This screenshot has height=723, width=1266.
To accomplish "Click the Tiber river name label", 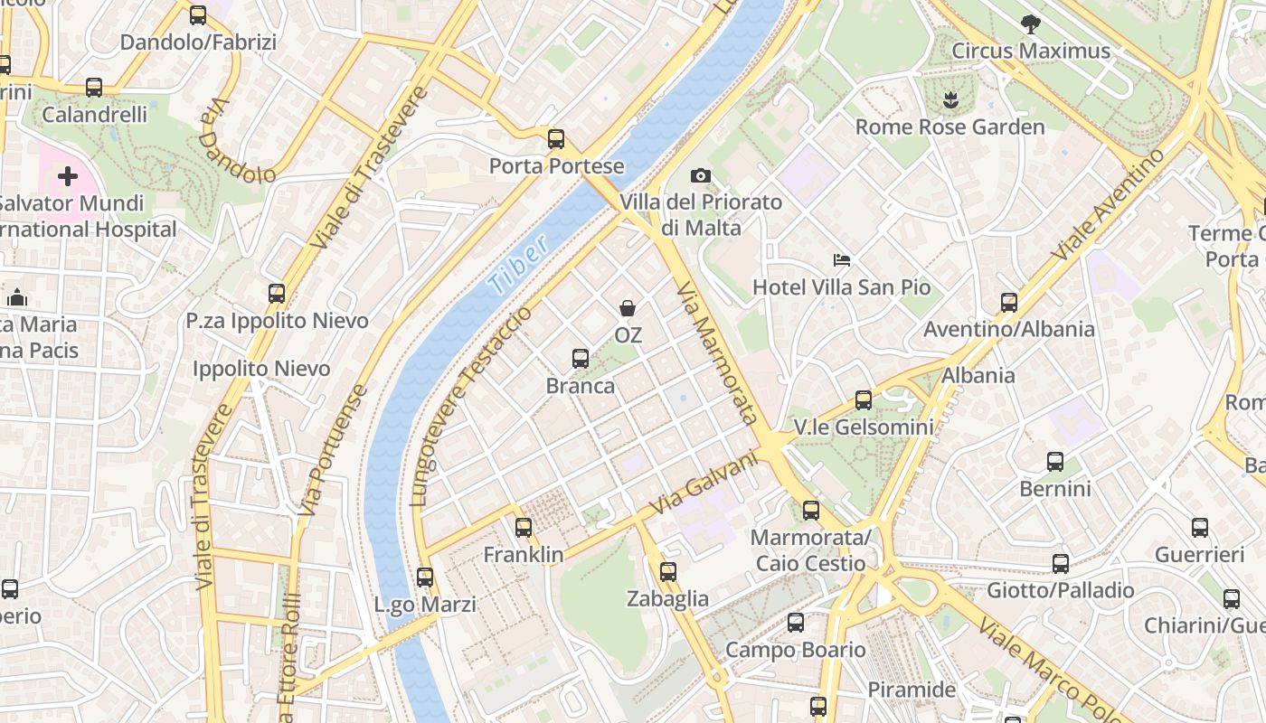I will [x=518, y=264].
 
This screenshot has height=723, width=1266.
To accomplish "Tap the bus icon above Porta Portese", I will [x=556, y=139].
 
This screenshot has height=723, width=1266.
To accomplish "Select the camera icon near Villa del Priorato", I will [x=700, y=175].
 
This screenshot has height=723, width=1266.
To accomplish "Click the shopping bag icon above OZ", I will [x=628, y=309].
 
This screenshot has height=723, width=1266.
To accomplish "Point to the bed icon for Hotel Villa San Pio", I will [x=842, y=260].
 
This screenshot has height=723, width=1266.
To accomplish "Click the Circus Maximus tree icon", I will [x=1030, y=24].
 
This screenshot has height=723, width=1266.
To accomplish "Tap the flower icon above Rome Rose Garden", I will [x=949, y=100].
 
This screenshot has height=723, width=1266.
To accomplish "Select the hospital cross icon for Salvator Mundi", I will [x=68, y=176].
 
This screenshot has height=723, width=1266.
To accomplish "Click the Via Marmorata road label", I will [x=716, y=352].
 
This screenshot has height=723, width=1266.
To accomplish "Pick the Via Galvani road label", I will [x=703, y=484].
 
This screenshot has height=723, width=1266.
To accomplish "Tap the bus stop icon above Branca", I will [x=581, y=359].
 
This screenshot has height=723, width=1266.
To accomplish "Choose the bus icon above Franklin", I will [x=524, y=528].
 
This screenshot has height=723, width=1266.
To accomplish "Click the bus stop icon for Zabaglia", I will [x=668, y=571].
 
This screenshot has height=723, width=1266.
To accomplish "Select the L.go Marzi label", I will [x=425, y=605].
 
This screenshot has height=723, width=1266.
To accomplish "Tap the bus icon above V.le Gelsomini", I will [x=864, y=399].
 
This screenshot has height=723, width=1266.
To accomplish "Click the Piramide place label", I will [x=912, y=690].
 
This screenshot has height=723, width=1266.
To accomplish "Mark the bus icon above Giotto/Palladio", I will [x=1061, y=564].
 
